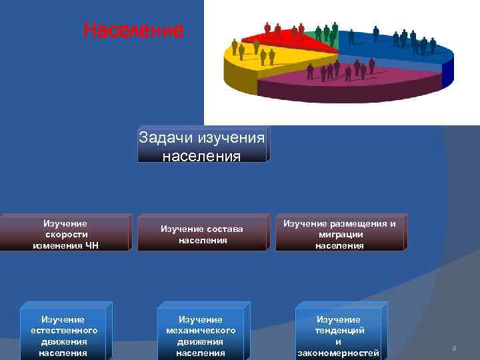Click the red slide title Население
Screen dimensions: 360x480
click(x=133, y=31)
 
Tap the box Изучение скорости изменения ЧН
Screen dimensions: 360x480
click(x=65, y=234)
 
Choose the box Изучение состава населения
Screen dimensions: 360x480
click(x=201, y=234)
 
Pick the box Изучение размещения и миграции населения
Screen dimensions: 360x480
click(x=339, y=234)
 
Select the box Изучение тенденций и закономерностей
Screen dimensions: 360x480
click(x=338, y=331)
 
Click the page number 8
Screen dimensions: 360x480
click(x=454, y=349)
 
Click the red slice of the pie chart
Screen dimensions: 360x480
click(x=280, y=36)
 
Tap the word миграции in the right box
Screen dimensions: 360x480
click(x=340, y=235)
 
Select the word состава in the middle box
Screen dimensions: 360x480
click(x=223, y=229)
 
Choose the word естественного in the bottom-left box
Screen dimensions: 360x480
click(x=63, y=331)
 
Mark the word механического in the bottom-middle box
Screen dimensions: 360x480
click(x=200, y=331)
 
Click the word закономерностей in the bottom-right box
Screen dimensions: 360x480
click(x=338, y=353)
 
